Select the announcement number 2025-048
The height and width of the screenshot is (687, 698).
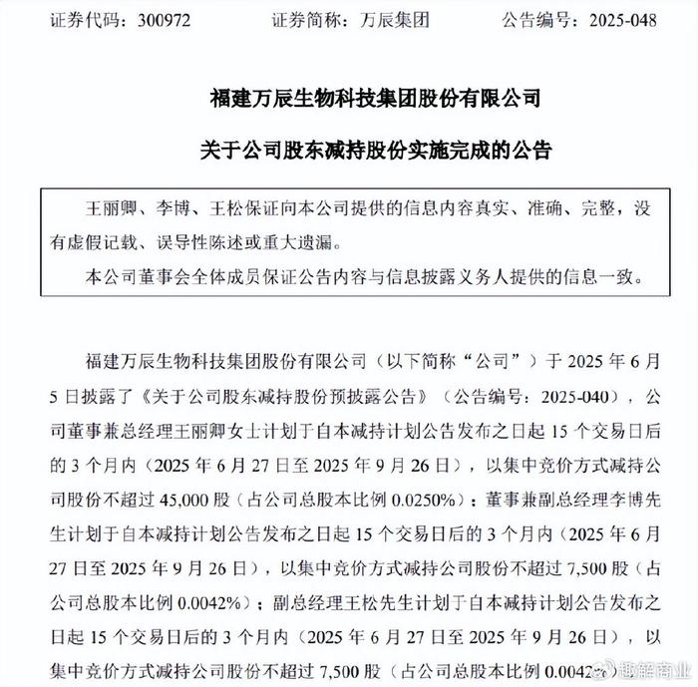click(619, 20)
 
